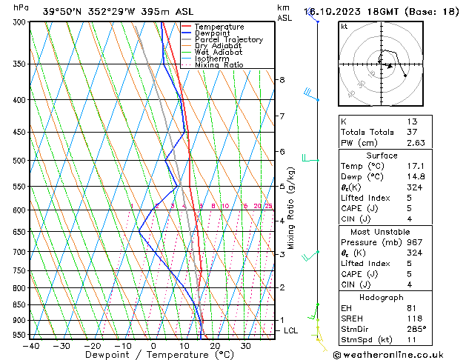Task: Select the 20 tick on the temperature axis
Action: click(214, 345)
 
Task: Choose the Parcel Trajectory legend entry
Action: click(228, 40)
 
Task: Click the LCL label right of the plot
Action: click(290, 330)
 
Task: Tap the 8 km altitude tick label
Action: click(282, 80)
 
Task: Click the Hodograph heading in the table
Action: click(381, 296)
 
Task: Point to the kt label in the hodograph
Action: click(344, 26)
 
